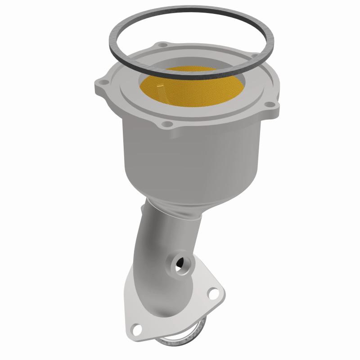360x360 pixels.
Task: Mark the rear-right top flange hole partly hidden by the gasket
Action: click(x=255, y=57)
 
